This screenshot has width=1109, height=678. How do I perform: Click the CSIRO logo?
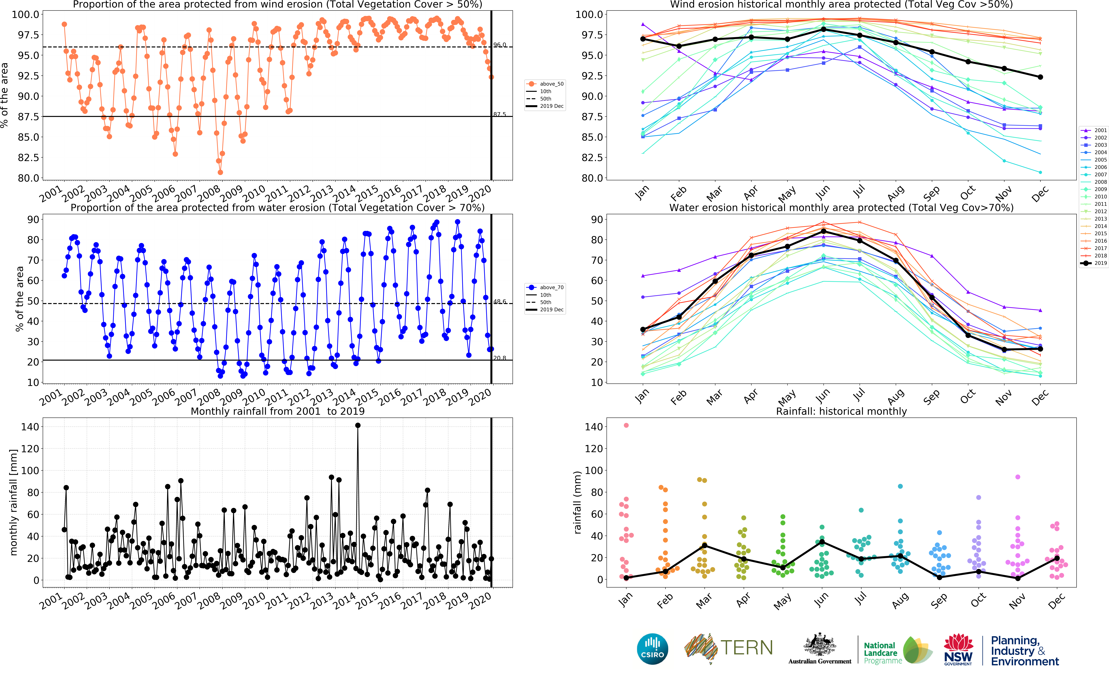pos(652,649)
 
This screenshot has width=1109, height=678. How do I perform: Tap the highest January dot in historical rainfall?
pos(626,425)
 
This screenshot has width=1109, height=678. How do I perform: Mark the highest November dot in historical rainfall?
pos(1018,477)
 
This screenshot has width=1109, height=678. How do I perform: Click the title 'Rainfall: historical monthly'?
pos(841,411)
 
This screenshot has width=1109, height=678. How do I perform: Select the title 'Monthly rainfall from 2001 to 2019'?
pos(278,411)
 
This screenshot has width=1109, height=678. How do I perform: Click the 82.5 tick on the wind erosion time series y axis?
pos(28,158)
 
